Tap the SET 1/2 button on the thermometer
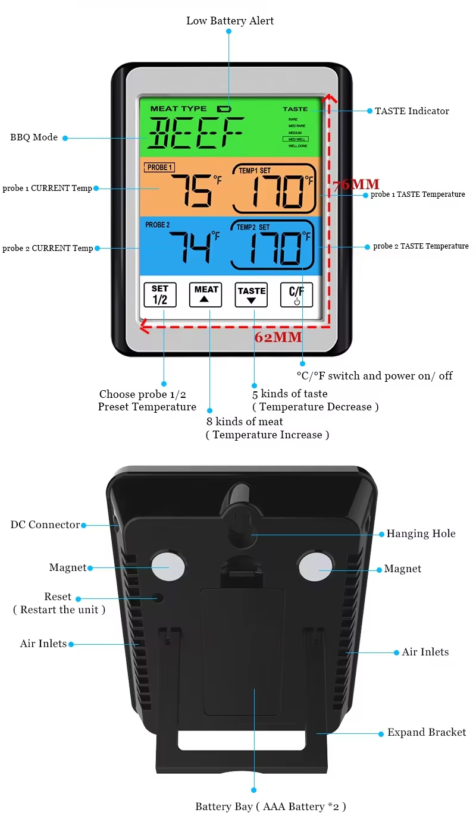160,294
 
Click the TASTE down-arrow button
251,294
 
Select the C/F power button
296,294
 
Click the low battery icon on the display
224,109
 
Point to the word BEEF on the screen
196,133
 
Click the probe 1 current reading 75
192,191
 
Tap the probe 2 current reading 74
190,247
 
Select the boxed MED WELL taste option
297,139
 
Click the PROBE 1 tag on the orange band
159,168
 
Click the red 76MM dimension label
356,184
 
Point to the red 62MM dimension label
278,337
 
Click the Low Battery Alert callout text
230,21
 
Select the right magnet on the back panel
314,567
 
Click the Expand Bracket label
426,732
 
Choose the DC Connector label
45,525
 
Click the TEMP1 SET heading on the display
254,171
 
